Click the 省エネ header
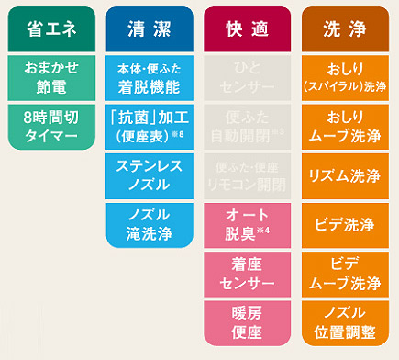[x=51, y=29]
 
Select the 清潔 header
[x=149, y=29]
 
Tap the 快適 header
[x=247, y=29]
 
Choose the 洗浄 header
[x=345, y=29]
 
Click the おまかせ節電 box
[x=51, y=77]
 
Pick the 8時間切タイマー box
[x=51, y=127]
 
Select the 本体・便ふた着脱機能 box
[x=149, y=77]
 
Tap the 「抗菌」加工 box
[x=149, y=127]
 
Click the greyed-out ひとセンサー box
[x=247, y=77]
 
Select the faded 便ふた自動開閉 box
[x=247, y=127]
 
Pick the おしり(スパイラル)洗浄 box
[x=345, y=77]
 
